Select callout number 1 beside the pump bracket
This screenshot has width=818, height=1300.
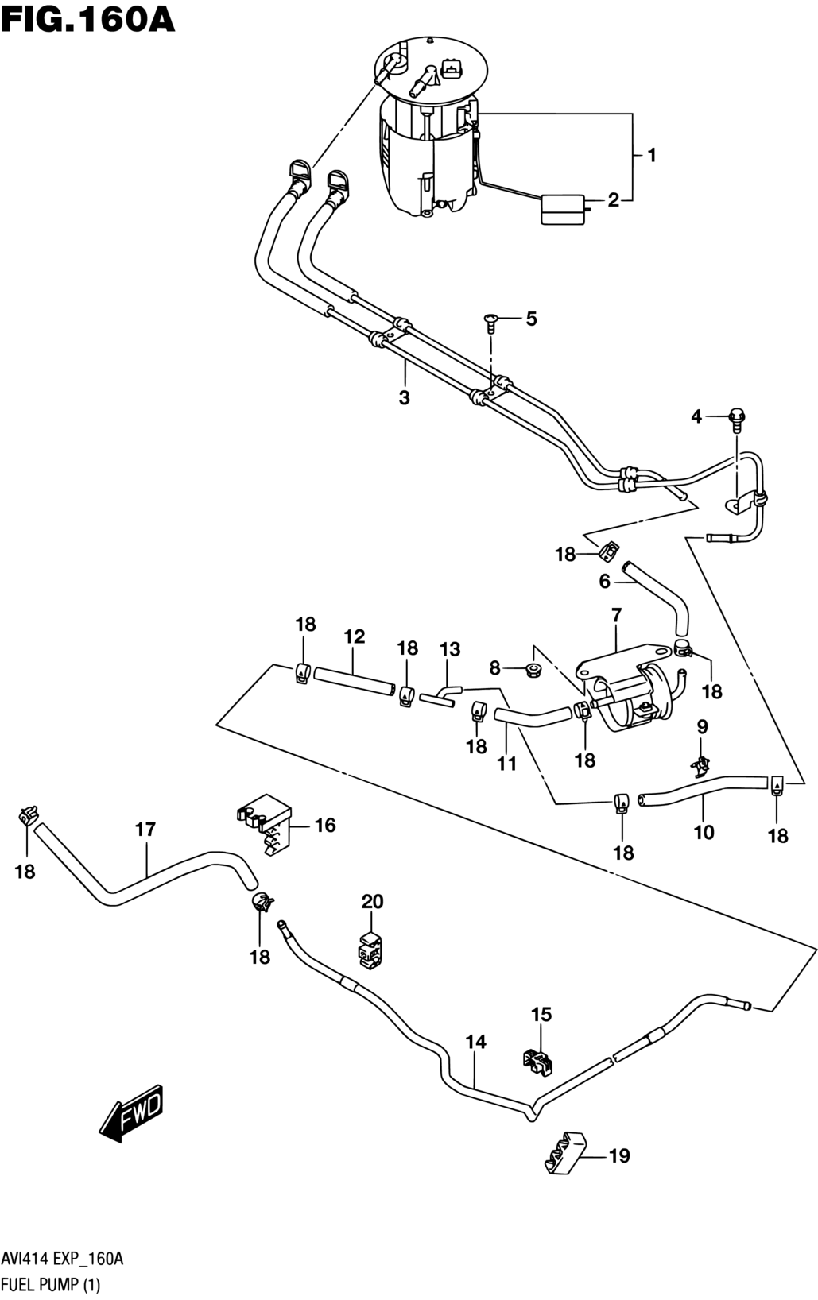[651, 155]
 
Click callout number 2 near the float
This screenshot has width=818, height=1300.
[614, 200]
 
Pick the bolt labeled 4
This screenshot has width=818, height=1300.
[737, 420]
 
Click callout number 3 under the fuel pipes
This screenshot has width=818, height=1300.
[404, 398]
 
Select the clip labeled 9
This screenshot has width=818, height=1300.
[701, 767]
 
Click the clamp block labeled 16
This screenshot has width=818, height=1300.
[264, 822]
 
